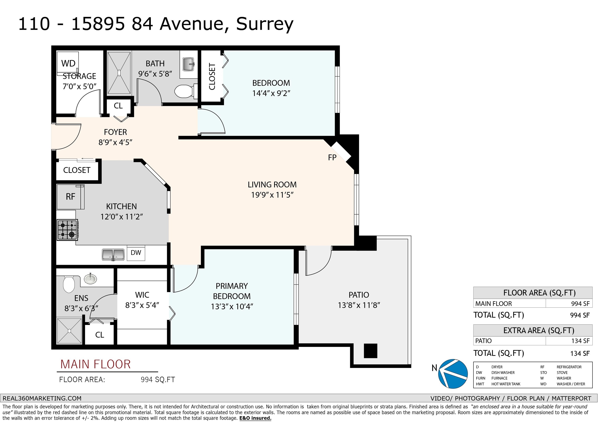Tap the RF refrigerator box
pyautogui.click(x=71, y=197)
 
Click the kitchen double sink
pyautogui.click(x=113, y=255)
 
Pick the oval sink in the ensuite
pyautogui.click(x=90, y=279)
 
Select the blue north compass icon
pyautogui.click(x=453, y=374)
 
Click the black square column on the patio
pyautogui.click(x=370, y=351)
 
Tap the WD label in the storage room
pyautogui.click(x=68, y=63)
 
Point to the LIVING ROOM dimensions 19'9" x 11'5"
pyautogui.click(x=272, y=195)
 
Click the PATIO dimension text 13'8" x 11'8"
pyautogui.click(x=359, y=305)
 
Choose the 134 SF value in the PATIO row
pyautogui.click(x=580, y=341)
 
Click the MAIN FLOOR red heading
pyautogui.click(x=95, y=364)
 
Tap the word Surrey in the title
pyautogui.click(x=265, y=24)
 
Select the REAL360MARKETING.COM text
pyautogui.click(x=42, y=398)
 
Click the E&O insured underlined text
pyautogui.click(x=255, y=418)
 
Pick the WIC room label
pyautogui.click(x=142, y=295)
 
